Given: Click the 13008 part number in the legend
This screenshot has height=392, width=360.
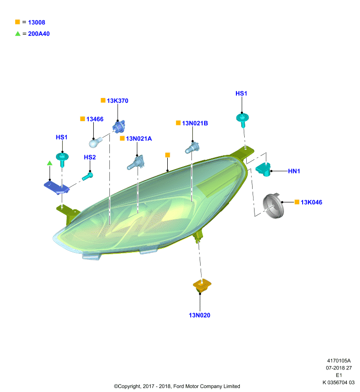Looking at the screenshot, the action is [36, 22].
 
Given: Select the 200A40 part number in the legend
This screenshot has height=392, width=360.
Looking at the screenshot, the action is [39, 34].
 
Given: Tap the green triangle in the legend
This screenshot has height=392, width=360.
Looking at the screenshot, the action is [18, 33].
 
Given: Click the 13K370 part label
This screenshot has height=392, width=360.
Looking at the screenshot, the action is [118, 101].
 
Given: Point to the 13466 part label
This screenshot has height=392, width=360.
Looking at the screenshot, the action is [95, 119].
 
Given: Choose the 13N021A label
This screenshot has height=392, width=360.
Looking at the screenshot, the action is [139, 139].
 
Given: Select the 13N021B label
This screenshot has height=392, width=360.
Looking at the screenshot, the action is [195, 123].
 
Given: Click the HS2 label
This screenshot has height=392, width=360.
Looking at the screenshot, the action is [90, 157].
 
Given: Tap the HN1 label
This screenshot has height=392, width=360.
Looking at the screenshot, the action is [294, 171].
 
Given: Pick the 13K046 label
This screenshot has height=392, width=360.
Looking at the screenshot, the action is [311, 202].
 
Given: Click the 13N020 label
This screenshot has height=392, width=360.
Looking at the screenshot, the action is [200, 315].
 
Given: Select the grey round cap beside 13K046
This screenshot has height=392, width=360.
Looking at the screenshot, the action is [273, 206].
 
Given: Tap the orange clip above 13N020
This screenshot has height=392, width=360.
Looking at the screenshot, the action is [202, 285].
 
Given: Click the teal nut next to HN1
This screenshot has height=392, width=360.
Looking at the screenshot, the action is [263, 169].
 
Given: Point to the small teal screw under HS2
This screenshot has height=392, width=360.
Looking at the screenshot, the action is [88, 176].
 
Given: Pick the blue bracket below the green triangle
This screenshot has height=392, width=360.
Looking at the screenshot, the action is [56, 188].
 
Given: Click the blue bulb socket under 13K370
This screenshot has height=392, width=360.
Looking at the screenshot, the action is [119, 126].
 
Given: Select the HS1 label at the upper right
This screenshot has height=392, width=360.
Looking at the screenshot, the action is [241, 94].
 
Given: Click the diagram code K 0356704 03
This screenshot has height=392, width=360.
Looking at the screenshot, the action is [338, 383].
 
